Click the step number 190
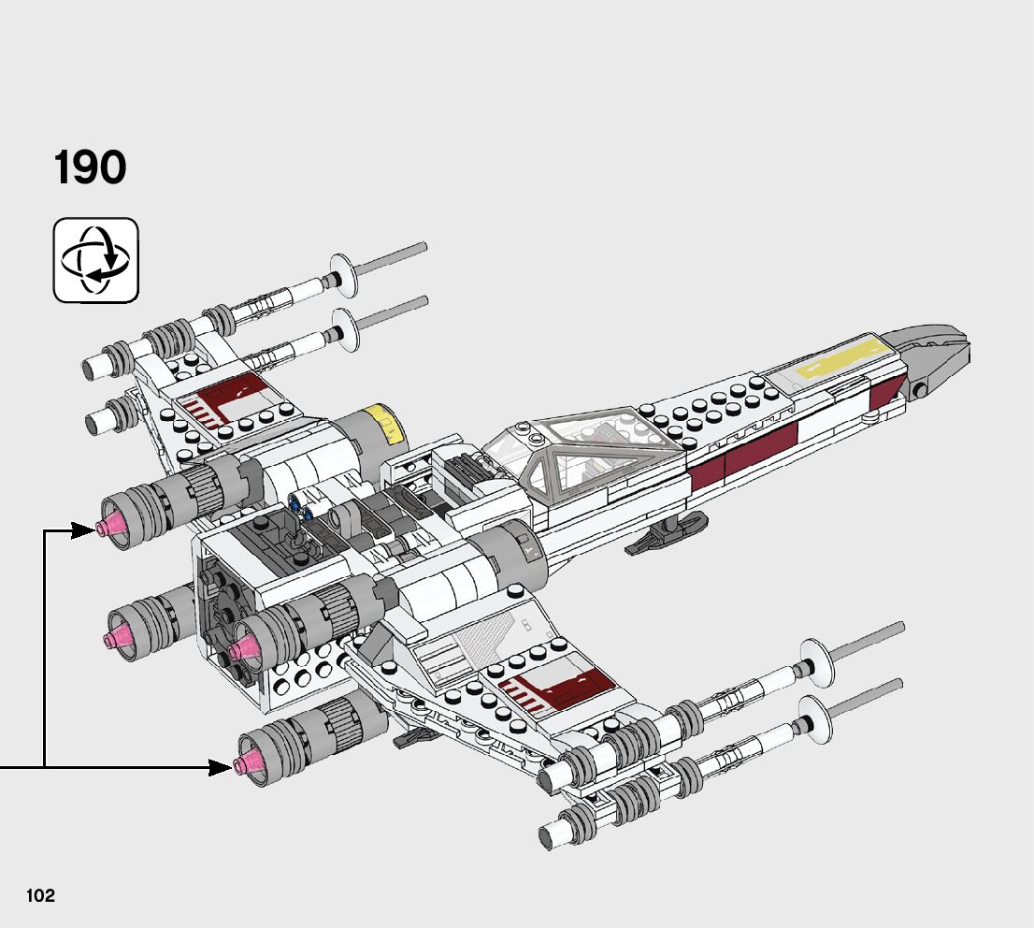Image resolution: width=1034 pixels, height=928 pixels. click(90, 167)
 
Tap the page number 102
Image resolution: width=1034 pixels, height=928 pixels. click(40, 895)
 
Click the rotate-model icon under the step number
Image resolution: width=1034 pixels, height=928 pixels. click(95, 260)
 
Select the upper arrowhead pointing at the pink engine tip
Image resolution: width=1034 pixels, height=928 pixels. click(84, 529)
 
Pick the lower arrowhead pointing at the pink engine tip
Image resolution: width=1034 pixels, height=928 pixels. click(222, 767)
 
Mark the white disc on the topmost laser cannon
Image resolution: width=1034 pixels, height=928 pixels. click(343, 275)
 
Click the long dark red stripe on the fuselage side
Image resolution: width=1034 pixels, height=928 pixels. click(744, 456)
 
